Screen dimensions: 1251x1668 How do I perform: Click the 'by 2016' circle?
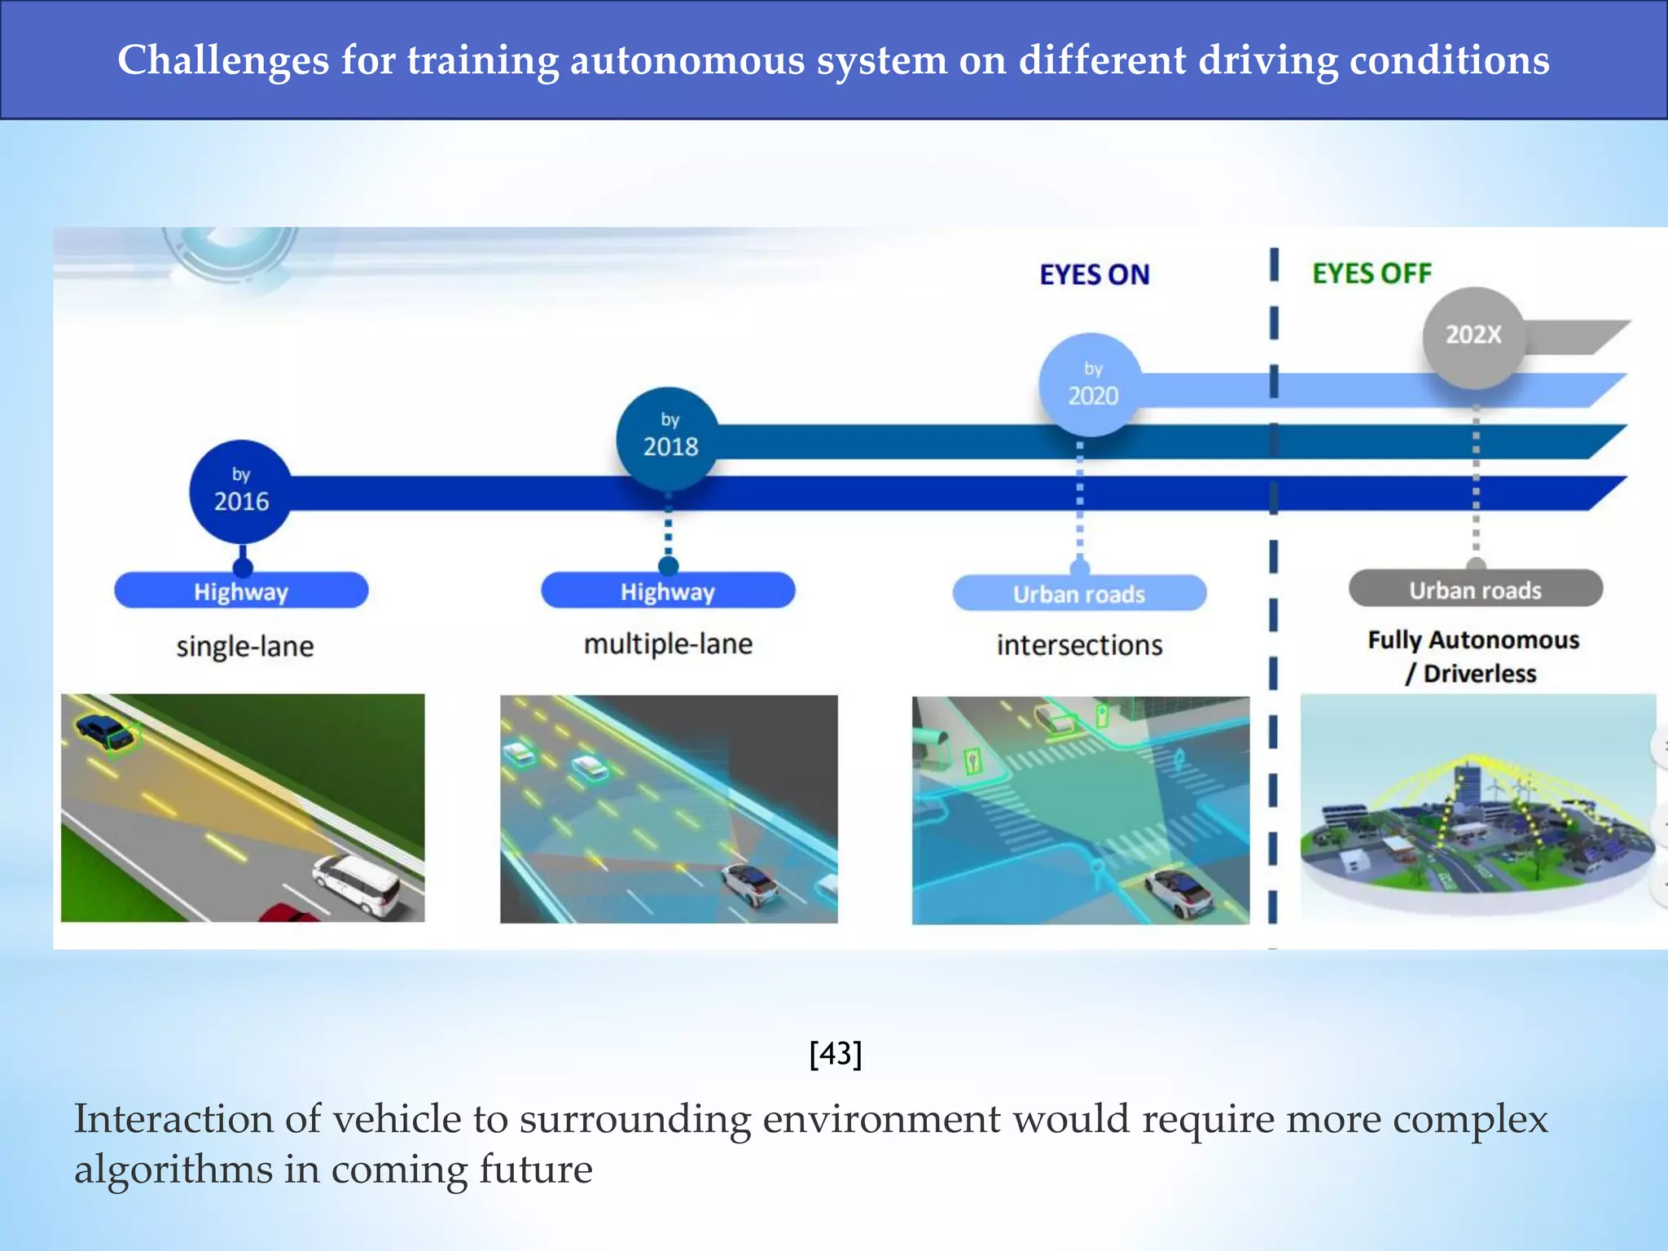click(x=240, y=492)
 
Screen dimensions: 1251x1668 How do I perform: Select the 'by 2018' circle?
click(x=669, y=438)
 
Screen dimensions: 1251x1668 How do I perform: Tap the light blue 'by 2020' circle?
click(x=1092, y=384)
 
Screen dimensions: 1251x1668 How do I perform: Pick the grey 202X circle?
click(x=1473, y=336)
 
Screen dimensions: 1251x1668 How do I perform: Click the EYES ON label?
click(x=1094, y=275)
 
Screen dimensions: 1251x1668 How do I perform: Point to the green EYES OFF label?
click(x=1372, y=274)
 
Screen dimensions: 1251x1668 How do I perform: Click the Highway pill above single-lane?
click(x=241, y=591)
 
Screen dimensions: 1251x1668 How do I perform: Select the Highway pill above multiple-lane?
click(x=668, y=591)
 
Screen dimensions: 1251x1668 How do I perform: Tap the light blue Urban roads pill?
click(x=1079, y=594)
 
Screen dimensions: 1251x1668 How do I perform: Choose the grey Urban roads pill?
click(x=1475, y=590)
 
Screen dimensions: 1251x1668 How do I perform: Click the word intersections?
click(x=1079, y=645)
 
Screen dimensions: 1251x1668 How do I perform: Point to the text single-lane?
click(x=244, y=647)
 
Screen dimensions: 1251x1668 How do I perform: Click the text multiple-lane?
click(x=668, y=644)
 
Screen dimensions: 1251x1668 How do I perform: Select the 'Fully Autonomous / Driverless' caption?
click(x=1473, y=656)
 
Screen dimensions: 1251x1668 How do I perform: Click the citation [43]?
click(x=835, y=1054)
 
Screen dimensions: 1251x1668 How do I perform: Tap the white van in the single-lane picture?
click(x=358, y=884)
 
